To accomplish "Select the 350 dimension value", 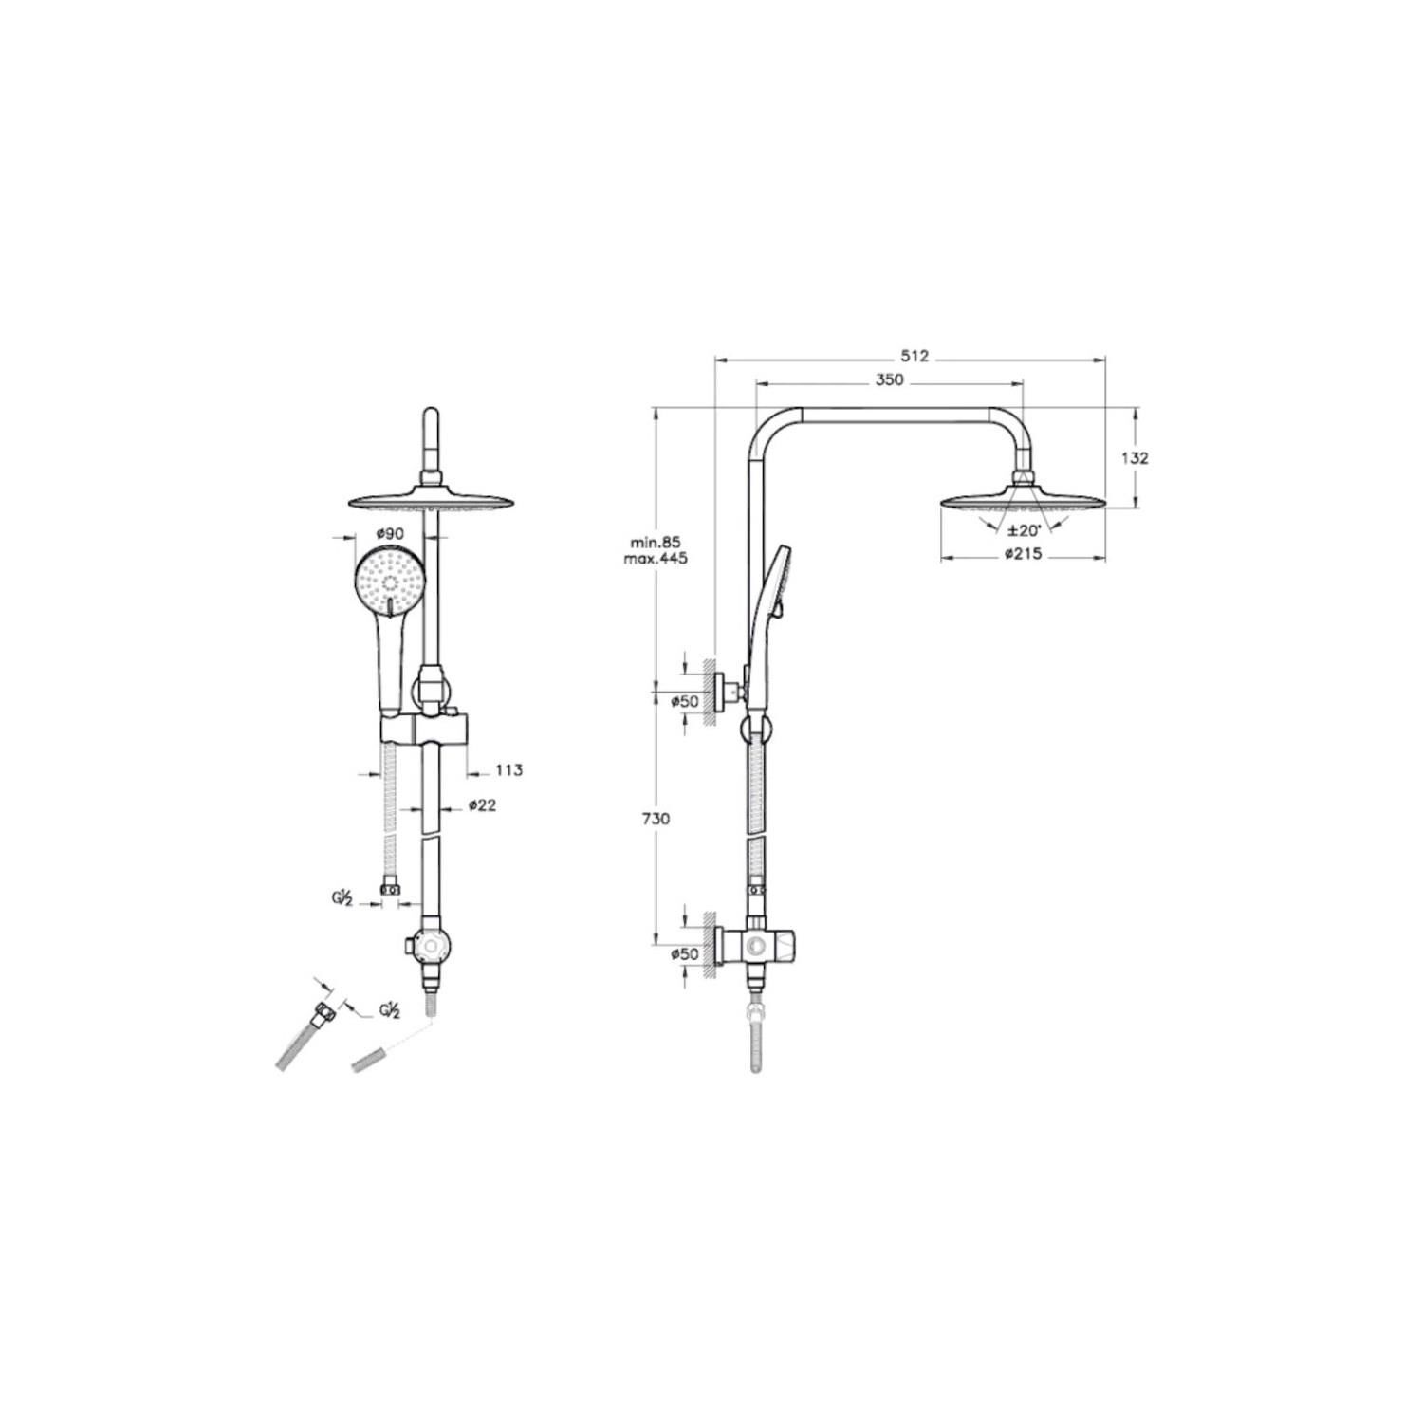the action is (889, 379).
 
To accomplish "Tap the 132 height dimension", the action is (1135, 457).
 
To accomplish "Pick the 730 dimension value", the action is (656, 819).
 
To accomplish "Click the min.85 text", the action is (656, 543).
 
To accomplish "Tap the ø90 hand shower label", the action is (389, 533).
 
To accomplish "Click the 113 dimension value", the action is (508, 770).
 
